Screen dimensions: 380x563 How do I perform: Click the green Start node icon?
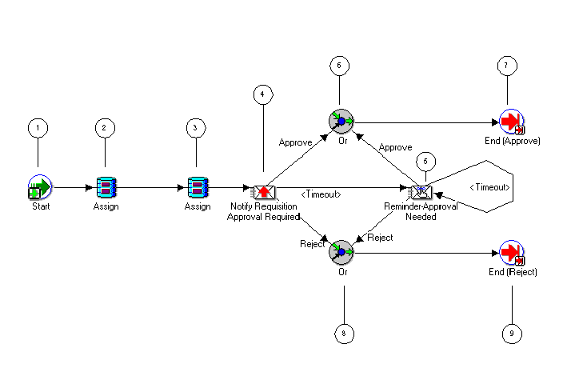tap(39, 188)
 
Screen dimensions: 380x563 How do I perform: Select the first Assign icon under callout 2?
tap(106, 188)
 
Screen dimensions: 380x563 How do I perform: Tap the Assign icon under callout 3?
tap(198, 188)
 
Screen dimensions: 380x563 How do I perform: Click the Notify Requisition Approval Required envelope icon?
tap(264, 192)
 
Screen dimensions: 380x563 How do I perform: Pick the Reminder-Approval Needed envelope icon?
tap(420, 192)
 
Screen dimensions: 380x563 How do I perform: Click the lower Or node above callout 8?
tap(341, 253)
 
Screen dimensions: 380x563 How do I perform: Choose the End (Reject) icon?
tap(510, 253)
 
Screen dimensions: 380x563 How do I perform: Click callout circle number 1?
tap(37, 127)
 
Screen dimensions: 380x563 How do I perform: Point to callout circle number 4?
tap(261, 94)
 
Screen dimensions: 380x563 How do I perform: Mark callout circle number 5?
tap(426, 160)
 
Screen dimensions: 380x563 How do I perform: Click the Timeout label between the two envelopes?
tap(321, 194)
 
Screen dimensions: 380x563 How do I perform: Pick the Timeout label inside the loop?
tap(489, 187)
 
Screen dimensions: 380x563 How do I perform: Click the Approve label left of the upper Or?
tap(294, 142)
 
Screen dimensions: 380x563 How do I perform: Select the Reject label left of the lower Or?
tap(312, 244)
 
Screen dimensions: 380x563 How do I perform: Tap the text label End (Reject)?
tap(513, 272)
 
